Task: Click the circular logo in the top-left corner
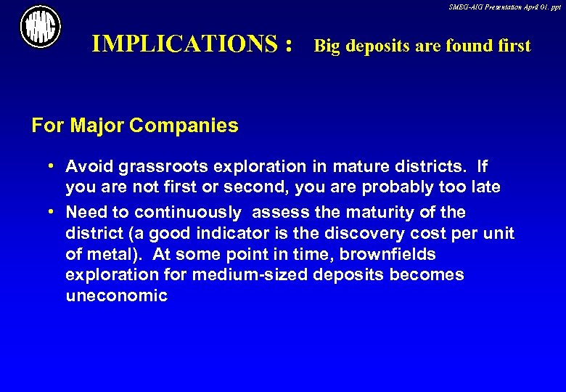pos(41,27)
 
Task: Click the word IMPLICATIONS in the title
pos(185,45)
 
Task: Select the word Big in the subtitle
pos(327,46)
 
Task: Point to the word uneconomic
pos(116,296)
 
